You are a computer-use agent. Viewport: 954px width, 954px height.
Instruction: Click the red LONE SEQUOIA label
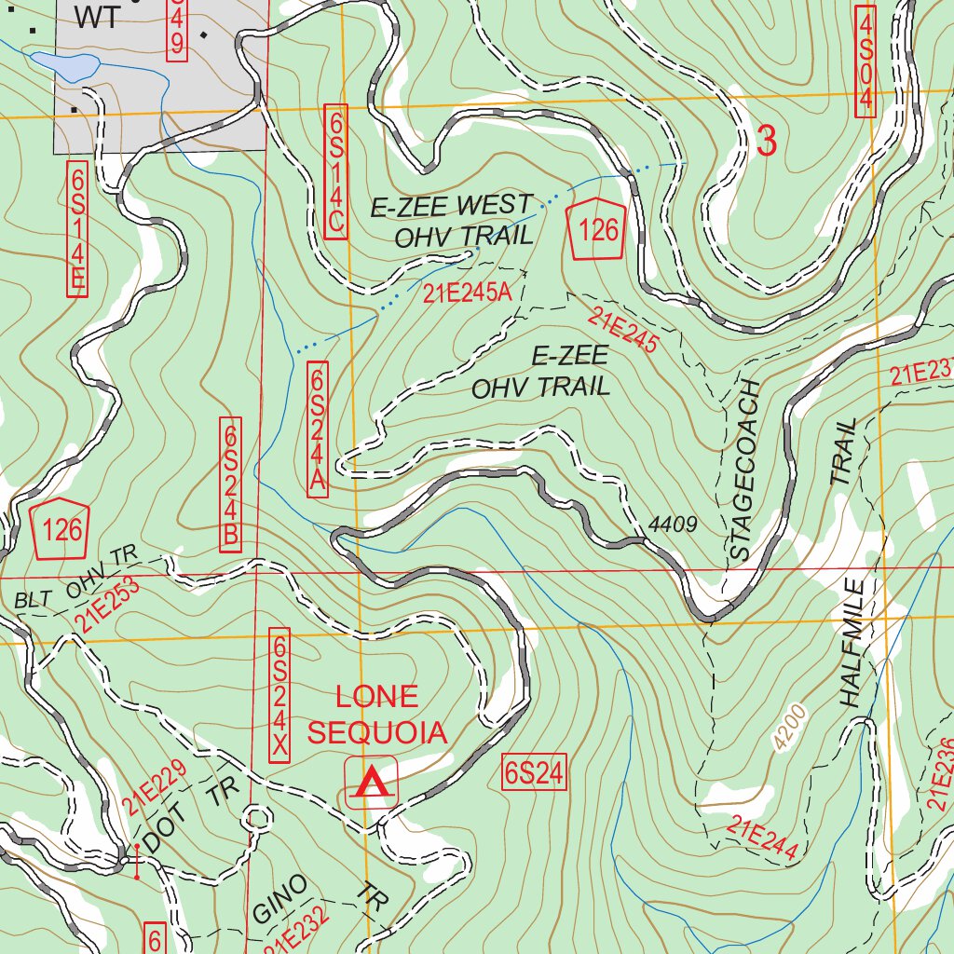(377, 715)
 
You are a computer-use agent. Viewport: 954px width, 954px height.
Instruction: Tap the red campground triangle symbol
(372, 783)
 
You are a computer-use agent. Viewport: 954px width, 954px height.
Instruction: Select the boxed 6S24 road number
(534, 773)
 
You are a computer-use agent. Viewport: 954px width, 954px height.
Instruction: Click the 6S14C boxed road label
(336, 171)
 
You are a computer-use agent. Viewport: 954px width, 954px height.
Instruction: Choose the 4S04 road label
(866, 62)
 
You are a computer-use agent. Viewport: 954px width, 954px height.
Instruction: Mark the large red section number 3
(766, 142)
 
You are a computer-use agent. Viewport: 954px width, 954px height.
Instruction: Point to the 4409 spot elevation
(673, 525)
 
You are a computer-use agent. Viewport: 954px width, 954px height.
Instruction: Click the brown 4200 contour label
(789, 728)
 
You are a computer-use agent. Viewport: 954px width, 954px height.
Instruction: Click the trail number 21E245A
(467, 293)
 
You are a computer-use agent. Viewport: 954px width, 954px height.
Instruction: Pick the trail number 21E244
(763, 837)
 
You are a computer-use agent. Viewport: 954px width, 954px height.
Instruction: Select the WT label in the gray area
(97, 17)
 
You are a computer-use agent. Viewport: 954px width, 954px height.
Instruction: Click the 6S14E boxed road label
(76, 228)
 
